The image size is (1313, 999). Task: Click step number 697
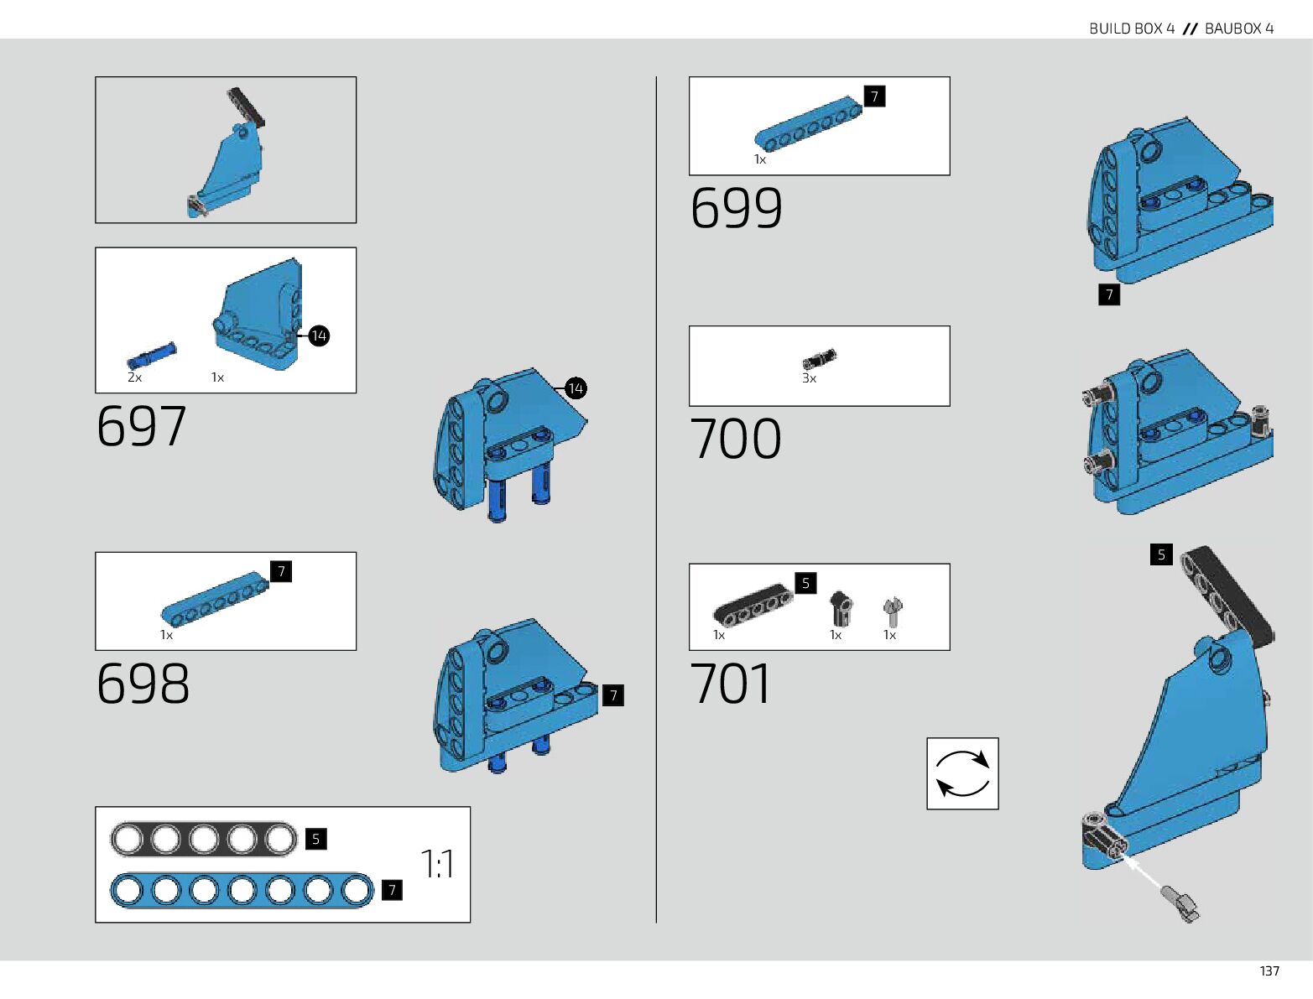coord(141,426)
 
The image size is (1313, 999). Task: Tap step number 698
coord(143,683)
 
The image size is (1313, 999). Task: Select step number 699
coord(736,207)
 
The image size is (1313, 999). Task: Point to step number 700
coord(735,438)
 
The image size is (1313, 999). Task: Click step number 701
coord(730,683)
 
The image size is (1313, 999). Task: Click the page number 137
coord(1269,970)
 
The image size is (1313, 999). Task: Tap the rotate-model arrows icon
coord(962,773)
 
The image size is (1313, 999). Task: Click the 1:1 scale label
coord(437,864)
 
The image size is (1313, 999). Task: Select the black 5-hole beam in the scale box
coord(204,839)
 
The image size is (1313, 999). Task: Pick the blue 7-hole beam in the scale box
coord(242,890)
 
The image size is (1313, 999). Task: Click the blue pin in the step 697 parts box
coord(152,356)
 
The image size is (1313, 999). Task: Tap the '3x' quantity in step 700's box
coord(809,378)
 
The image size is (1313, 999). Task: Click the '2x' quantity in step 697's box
coord(134,377)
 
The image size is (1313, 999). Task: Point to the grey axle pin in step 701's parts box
coord(893,611)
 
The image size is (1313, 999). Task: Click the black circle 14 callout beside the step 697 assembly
coord(576,388)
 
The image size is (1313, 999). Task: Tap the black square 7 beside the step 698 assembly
coord(613,695)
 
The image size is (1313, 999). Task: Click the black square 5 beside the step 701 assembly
coord(1161,554)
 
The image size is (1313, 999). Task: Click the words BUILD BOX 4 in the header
coord(1132,29)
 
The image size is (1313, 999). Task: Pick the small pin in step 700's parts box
coord(820,360)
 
